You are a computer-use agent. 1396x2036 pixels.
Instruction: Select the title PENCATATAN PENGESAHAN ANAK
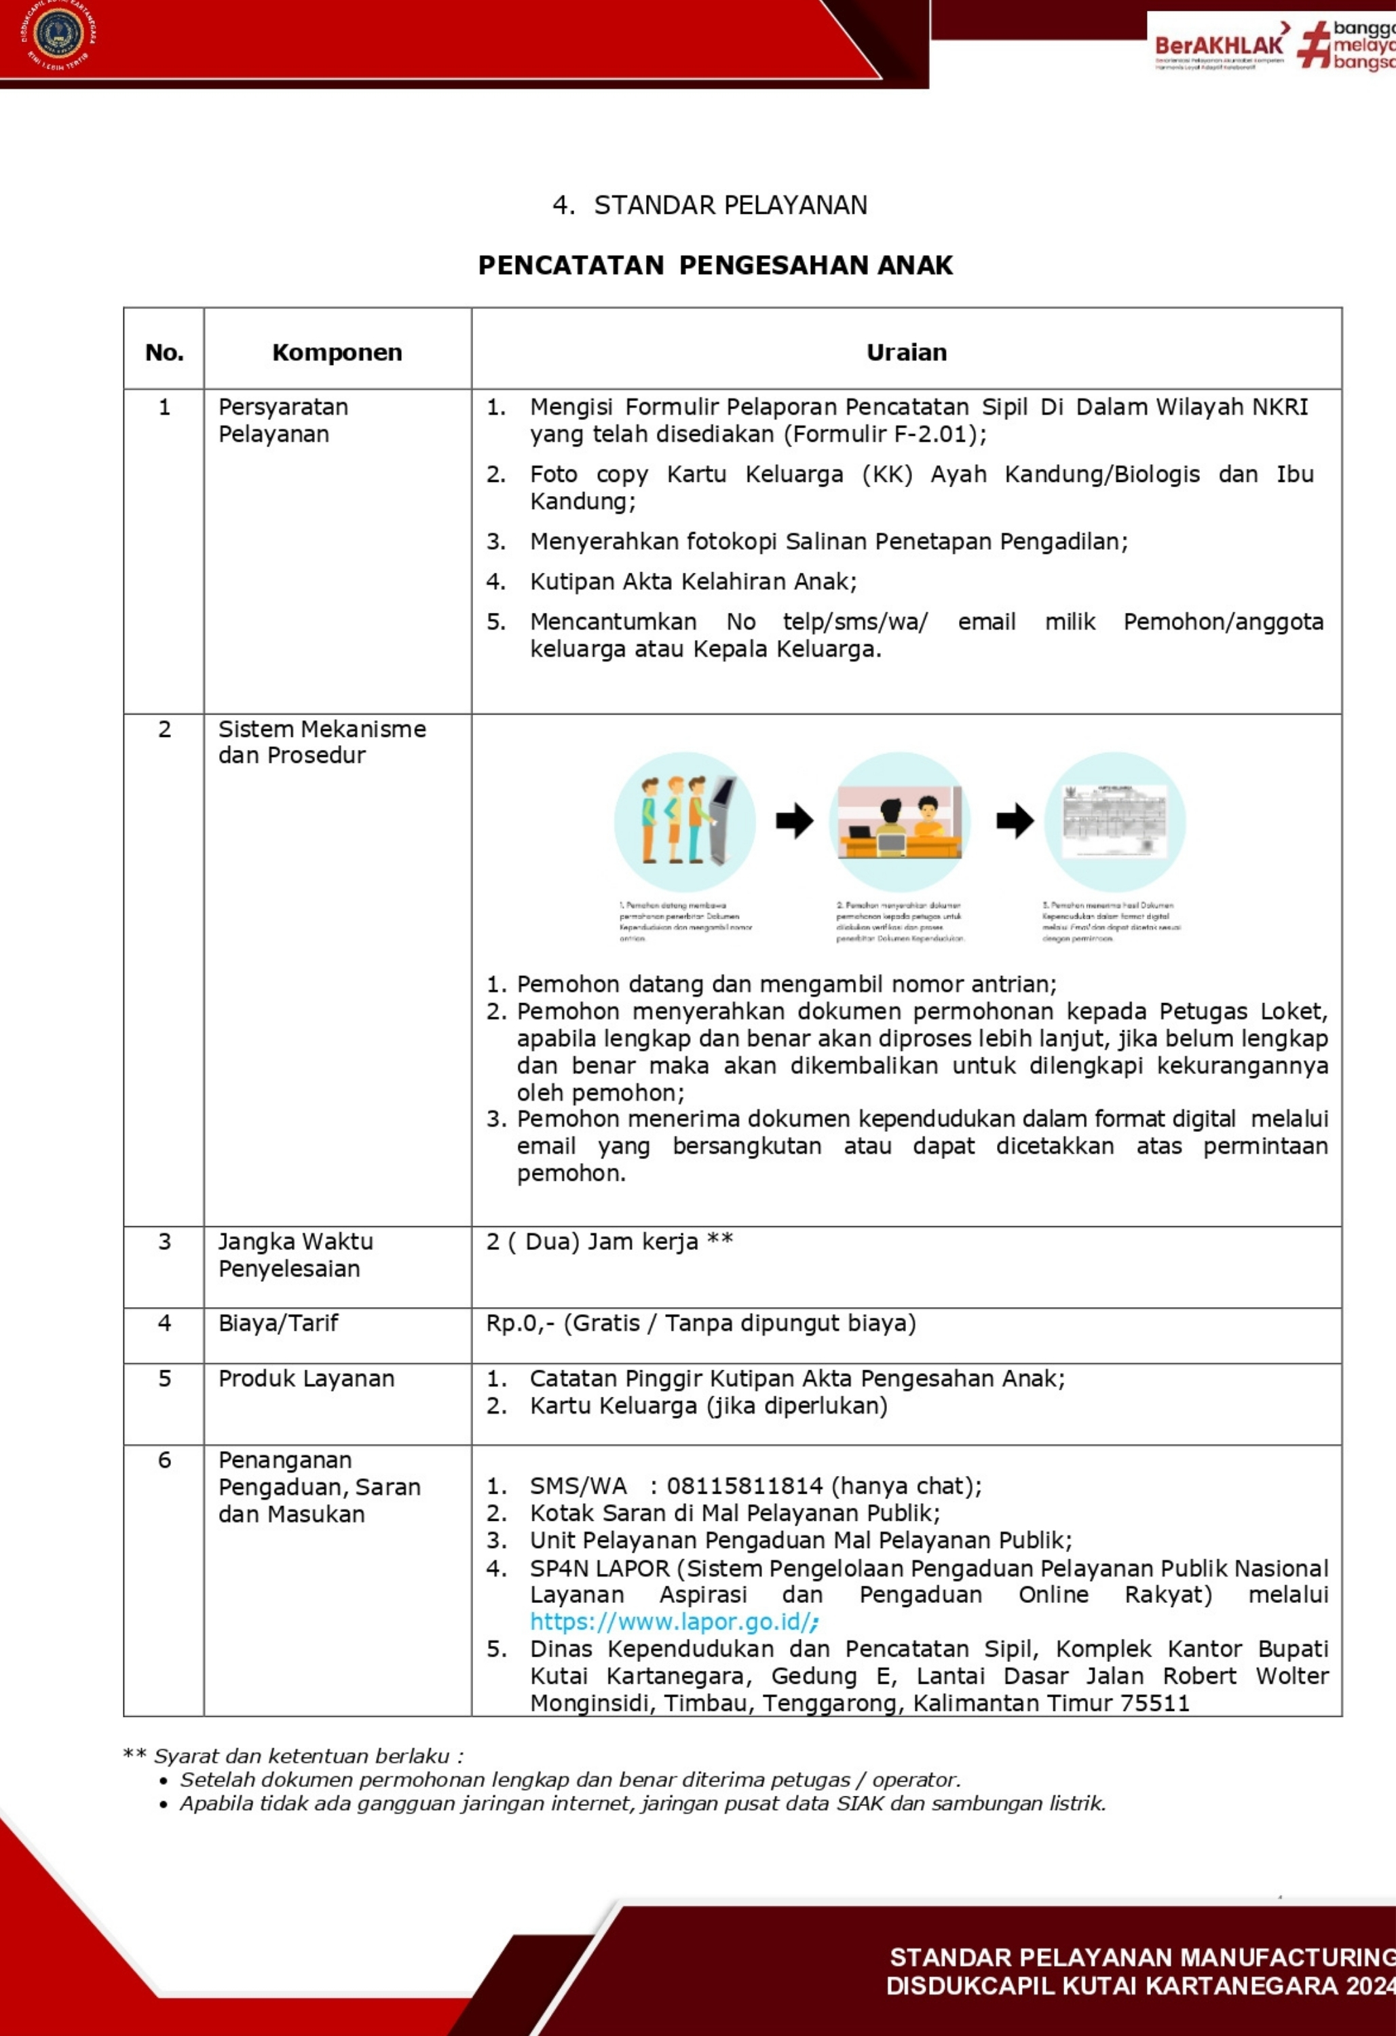point(715,265)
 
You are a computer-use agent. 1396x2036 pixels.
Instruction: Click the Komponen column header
point(337,352)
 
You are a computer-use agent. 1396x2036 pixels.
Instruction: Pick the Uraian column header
point(906,352)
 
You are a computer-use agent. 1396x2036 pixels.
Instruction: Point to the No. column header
point(164,352)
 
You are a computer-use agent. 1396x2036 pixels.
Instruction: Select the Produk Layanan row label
point(306,1378)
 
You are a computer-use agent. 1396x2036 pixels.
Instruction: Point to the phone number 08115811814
point(745,1486)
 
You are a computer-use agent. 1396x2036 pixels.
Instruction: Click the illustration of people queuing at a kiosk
point(684,822)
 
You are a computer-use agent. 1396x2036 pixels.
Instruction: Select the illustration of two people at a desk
point(899,822)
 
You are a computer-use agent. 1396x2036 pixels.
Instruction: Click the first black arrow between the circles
point(794,822)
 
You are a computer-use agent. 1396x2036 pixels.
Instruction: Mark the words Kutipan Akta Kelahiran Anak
point(692,582)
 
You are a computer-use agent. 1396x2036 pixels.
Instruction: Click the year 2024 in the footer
point(1370,1985)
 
